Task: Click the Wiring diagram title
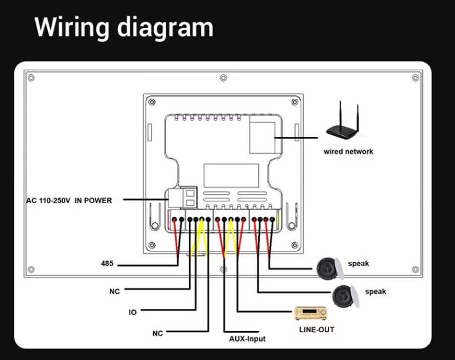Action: tap(124, 27)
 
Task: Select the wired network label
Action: tap(348, 151)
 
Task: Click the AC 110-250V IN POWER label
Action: tap(69, 200)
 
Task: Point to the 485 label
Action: tap(107, 264)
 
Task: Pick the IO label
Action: tap(133, 312)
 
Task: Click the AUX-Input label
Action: tap(248, 339)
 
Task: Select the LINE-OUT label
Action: tap(316, 330)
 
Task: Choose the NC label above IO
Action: tap(114, 292)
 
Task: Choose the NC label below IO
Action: tap(157, 334)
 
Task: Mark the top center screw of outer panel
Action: tap(223, 78)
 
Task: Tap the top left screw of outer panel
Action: tap(31, 78)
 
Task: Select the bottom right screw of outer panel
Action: tap(415, 269)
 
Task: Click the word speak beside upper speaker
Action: tap(358, 264)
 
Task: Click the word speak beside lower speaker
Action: tap(375, 292)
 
